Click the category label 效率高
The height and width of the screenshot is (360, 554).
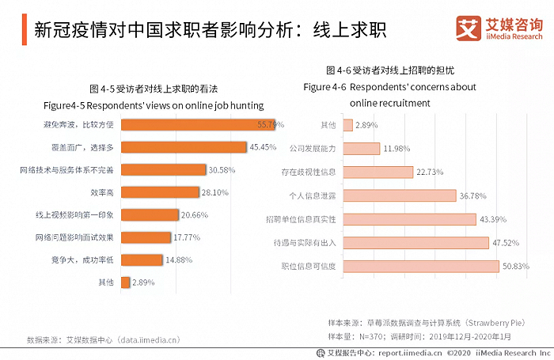coord(101,192)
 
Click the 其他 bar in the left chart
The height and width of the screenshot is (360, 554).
coord(123,282)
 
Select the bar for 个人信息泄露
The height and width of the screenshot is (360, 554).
coord(399,195)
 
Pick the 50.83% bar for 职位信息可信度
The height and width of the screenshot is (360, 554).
coord(421,267)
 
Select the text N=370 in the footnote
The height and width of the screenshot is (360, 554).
coord(370,335)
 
